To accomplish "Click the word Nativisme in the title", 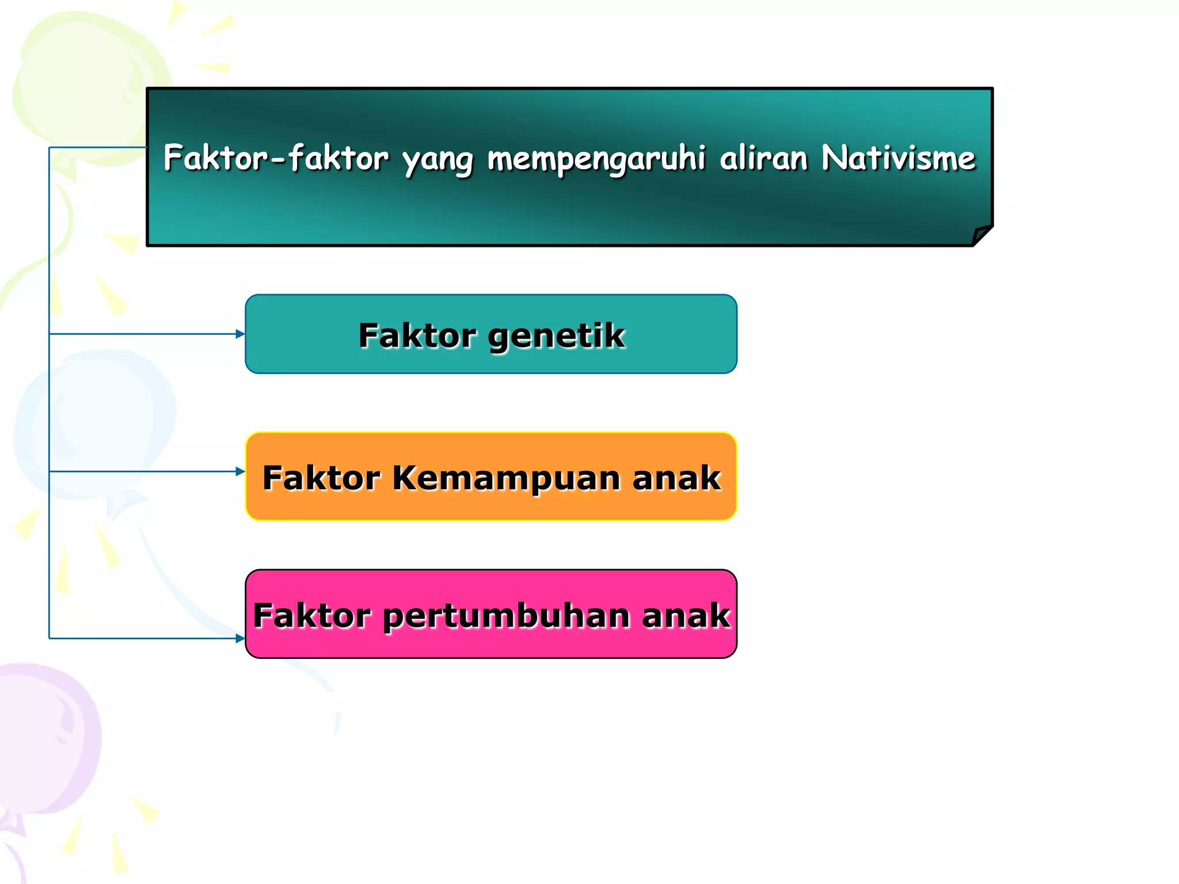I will (x=898, y=158).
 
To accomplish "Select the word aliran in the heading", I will (x=763, y=158).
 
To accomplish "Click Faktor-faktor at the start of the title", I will (x=276, y=158).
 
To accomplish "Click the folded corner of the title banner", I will (x=982, y=235).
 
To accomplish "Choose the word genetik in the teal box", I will (x=556, y=336).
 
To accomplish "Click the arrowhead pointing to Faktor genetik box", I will (x=241, y=334).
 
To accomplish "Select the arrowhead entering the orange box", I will (x=241, y=471).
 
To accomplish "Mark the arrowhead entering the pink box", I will (x=241, y=638).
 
